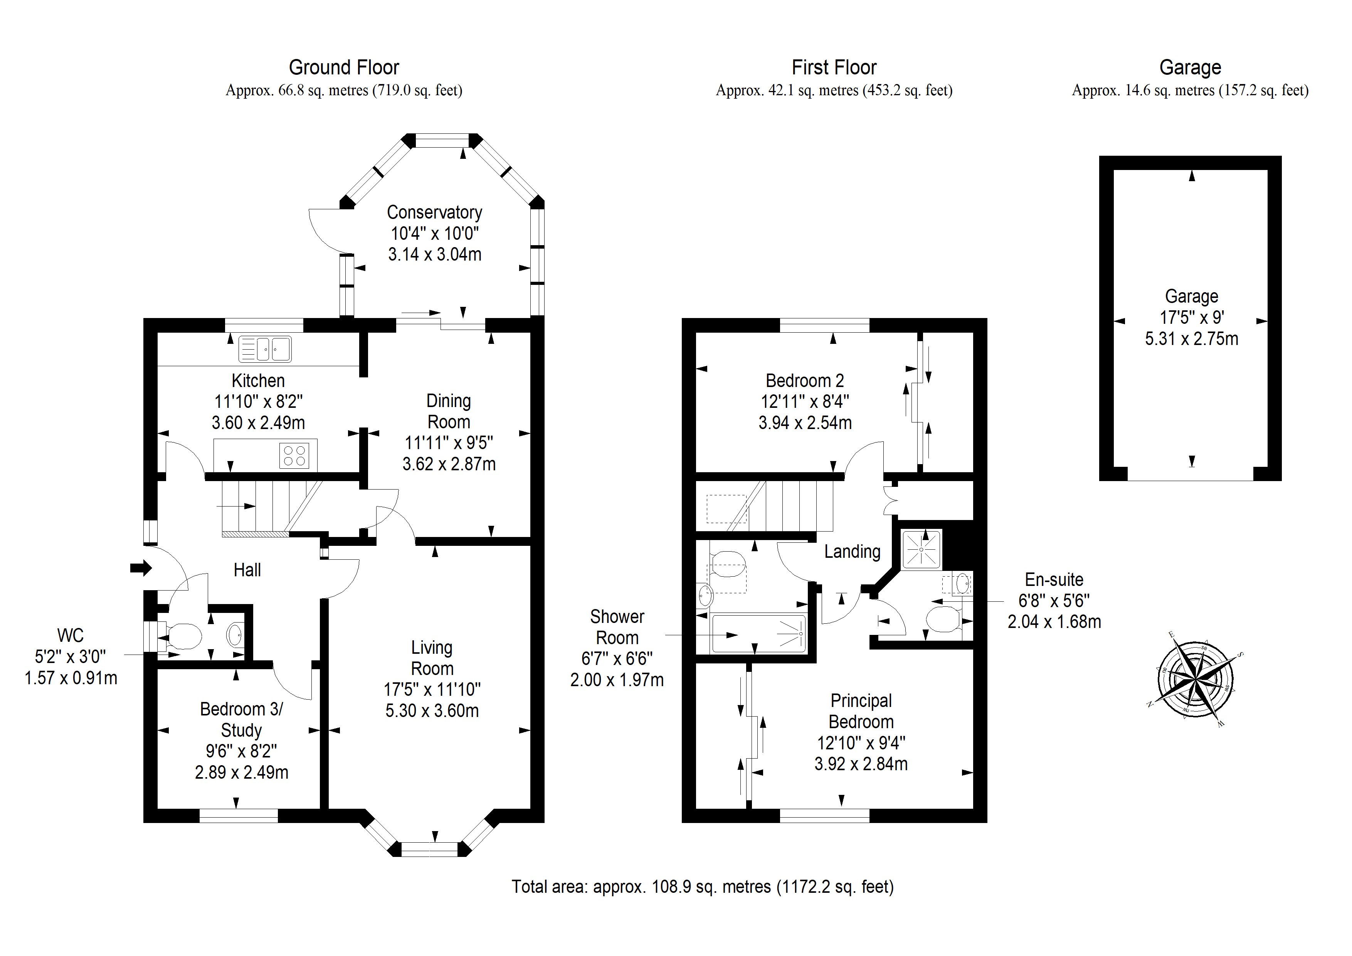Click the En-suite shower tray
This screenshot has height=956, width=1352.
point(921,550)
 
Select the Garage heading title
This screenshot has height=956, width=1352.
point(1190,68)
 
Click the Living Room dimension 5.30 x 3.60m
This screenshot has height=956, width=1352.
point(432,711)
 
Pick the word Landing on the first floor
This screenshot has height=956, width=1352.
point(852,552)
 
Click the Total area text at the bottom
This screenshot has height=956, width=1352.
point(703,887)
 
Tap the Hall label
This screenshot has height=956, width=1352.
point(247,570)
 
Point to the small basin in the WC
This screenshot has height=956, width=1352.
point(234,635)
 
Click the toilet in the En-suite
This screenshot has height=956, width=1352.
point(945,619)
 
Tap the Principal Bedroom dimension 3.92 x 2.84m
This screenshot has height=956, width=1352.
point(861,764)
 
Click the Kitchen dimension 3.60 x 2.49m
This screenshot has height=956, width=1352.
point(259,423)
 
